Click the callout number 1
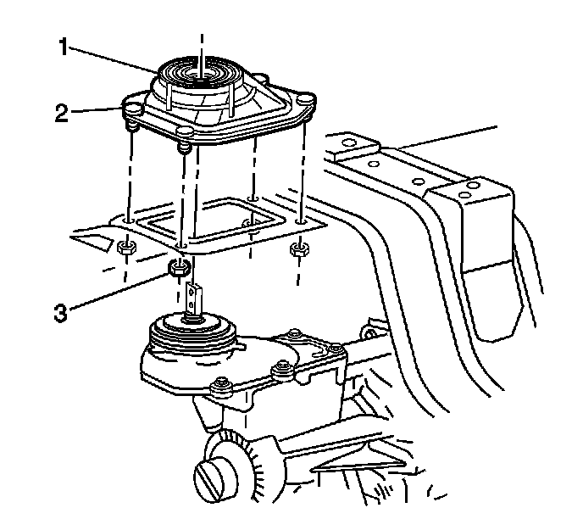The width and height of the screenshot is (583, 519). point(64,47)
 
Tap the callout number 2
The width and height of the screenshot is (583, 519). point(62,113)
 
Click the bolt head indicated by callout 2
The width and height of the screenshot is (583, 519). point(133,109)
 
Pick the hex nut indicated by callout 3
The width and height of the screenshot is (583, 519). point(180,267)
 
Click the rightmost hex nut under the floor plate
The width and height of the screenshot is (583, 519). point(298,248)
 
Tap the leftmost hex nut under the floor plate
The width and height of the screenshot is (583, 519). point(126,247)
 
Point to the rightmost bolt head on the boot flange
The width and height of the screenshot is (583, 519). point(306,99)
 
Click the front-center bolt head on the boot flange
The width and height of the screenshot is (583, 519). point(185,131)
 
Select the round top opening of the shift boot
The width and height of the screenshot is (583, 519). point(201,70)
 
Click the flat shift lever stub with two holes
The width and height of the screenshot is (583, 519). point(193,298)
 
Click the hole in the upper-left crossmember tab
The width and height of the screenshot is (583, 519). point(348,142)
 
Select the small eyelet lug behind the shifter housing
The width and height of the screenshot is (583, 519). point(369,332)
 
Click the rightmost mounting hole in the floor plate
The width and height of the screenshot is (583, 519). point(301,222)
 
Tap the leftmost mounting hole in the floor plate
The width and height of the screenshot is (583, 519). point(129,221)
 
